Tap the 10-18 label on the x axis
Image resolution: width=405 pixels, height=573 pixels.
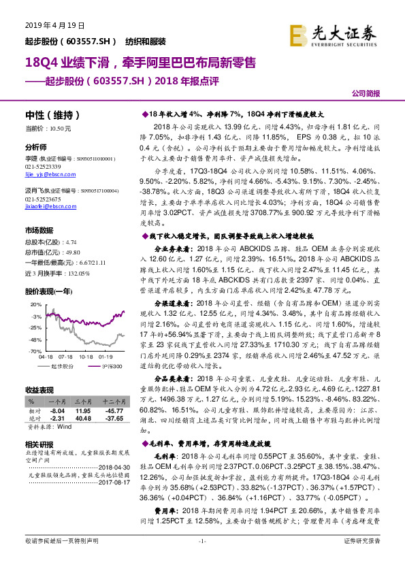[86, 356]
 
